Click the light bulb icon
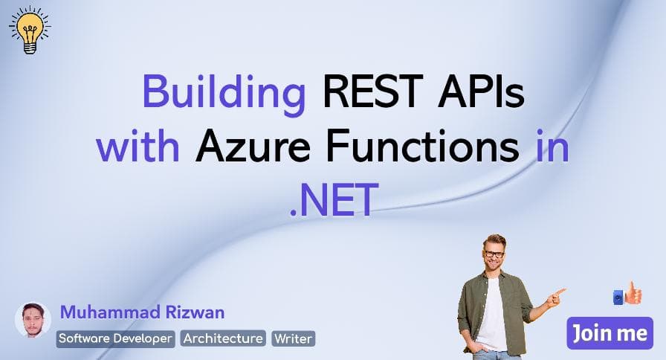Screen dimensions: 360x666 click(x=29, y=30)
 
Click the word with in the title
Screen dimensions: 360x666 click(x=139, y=147)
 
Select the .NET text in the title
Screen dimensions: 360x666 click(x=333, y=199)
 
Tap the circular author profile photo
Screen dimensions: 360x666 click(x=33, y=320)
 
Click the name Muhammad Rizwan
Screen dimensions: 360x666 click(x=142, y=312)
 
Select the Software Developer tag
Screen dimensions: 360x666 click(x=116, y=338)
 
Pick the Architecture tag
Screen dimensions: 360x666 click(x=223, y=338)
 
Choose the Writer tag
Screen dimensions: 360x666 click(x=294, y=338)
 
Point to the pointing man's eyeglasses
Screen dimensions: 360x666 click(x=494, y=254)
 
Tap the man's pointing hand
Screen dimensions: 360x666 click(x=555, y=295)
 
